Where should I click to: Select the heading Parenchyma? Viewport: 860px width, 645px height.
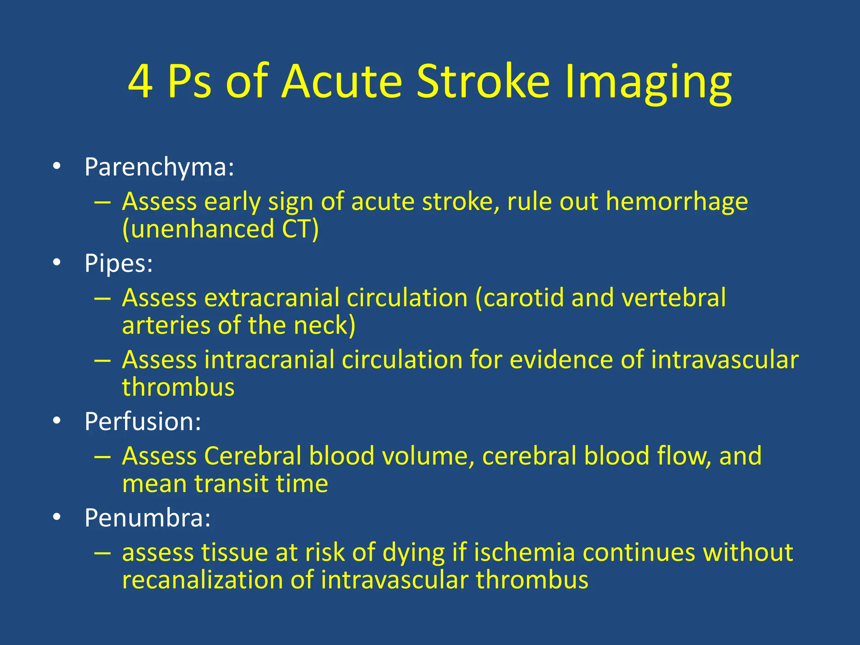tap(159, 167)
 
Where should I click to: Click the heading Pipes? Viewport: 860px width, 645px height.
tap(118, 263)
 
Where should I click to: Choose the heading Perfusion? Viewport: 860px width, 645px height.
tap(143, 421)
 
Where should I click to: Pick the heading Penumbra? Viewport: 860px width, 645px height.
tap(147, 517)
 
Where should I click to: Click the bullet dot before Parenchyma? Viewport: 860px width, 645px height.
tap(57, 166)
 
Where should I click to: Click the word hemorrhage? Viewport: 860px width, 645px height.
tap(676, 202)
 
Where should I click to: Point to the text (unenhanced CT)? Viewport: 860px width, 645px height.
tap(220, 229)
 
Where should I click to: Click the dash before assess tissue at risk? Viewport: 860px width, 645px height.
tap(102, 553)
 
